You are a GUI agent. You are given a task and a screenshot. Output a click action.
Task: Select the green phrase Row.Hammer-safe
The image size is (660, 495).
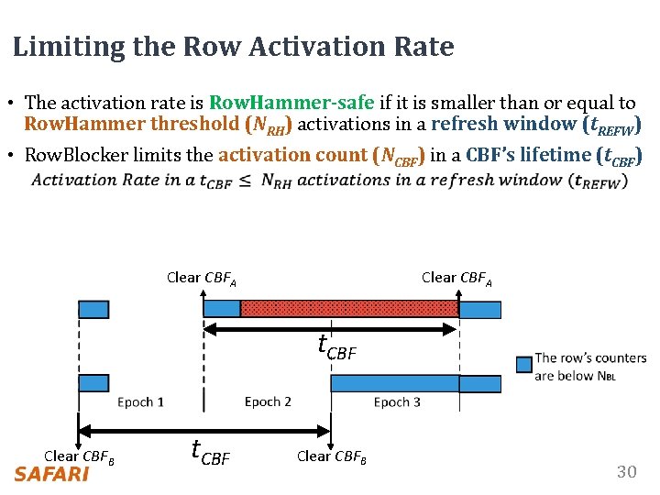point(291,104)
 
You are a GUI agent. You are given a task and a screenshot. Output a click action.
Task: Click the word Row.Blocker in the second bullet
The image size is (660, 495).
point(76,155)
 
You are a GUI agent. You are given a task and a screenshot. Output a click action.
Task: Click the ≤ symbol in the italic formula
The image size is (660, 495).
point(245,181)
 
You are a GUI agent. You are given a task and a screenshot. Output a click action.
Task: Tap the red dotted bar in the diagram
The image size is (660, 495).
point(348,308)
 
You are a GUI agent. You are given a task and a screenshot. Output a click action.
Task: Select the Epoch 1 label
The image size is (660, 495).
point(141,402)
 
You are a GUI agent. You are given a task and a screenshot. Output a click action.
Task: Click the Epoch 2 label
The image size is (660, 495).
point(268,402)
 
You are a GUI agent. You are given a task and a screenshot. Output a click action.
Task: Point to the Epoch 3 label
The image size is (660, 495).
point(397,402)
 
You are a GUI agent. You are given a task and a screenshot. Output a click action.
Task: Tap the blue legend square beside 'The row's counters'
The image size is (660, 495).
point(523,364)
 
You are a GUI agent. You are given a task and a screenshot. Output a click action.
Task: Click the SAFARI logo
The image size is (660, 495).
point(51,474)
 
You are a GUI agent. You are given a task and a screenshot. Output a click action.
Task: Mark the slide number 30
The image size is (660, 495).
point(626,472)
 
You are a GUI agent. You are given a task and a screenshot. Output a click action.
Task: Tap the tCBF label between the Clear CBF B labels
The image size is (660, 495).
point(210,452)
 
